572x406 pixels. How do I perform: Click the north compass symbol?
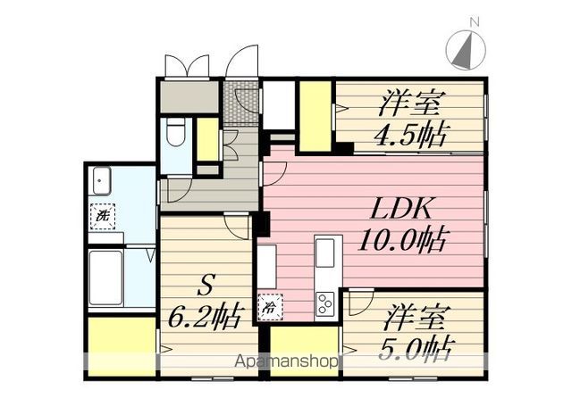(466, 50)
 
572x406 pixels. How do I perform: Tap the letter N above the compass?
(475, 22)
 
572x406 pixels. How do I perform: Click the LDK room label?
(401, 209)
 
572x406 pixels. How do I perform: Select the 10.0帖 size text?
(402, 240)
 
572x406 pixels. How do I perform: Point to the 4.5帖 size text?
(409, 135)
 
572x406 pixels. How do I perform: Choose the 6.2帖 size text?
(206, 317)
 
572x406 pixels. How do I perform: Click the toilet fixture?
(176, 131)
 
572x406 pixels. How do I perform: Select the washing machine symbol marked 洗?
(103, 216)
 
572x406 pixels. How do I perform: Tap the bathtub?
(105, 278)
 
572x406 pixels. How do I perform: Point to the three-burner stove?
(325, 304)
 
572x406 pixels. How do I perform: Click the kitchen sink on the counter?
(324, 253)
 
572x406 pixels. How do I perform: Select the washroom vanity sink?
(101, 181)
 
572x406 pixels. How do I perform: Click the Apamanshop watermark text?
(286, 361)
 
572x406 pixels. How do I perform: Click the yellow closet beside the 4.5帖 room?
(315, 116)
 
